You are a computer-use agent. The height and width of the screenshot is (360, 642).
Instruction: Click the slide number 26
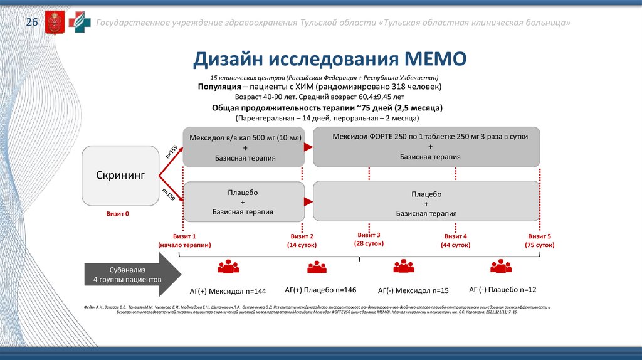pos(31,23)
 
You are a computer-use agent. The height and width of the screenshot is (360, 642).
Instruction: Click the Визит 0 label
pos(118,214)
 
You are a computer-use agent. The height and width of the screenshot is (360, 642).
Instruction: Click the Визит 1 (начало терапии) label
pos(185,241)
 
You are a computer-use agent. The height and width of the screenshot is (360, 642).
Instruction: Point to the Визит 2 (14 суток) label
pos(301,241)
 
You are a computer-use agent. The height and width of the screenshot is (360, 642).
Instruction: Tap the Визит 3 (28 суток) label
pos(369,239)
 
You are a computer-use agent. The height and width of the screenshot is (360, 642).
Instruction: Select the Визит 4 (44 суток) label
pos(456,241)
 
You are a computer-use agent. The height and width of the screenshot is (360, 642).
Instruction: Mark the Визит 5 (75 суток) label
pos(539,241)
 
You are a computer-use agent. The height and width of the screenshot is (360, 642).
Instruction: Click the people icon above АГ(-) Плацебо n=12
pos(501,267)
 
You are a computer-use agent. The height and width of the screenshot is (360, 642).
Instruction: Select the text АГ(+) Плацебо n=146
pos(320,290)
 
